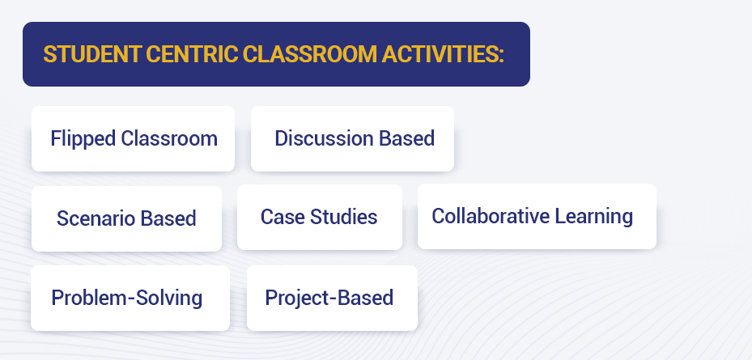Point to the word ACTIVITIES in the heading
point(440,54)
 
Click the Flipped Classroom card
point(134,139)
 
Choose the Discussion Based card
point(352,139)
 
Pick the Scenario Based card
point(126,218)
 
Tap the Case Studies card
point(320,217)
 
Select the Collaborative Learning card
point(537,216)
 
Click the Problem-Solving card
point(130,299)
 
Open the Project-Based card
point(333,299)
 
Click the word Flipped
point(83,139)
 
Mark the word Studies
point(344,217)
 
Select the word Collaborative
point(491,216)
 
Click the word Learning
point(594,217)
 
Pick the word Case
point(283,217)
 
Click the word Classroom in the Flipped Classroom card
point(169,138)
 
